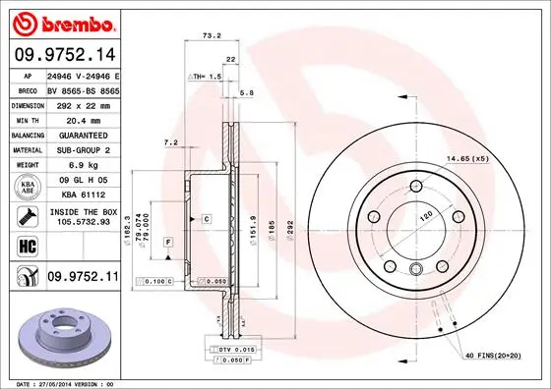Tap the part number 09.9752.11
[x=82, y=279]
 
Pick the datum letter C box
[x=208, y=217]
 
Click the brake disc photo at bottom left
[x=61, y=337]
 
